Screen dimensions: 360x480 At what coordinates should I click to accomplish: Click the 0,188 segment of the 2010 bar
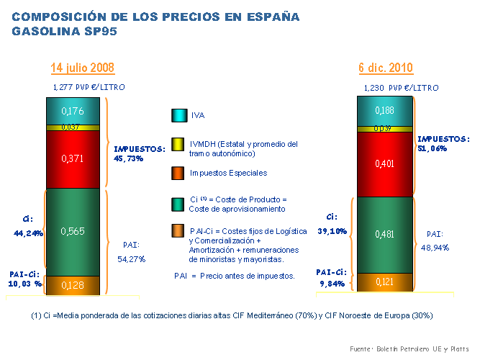pos(385,110)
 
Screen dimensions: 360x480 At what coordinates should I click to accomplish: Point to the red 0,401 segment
pos(385,163)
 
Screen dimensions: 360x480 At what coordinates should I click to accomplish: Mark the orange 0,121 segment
pos(385,282)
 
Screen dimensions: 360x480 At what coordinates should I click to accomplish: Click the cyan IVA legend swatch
pos(178,114)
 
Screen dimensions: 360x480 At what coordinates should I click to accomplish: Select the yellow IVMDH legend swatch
pos(178,145)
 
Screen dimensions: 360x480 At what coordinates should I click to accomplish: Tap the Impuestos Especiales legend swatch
pos(178,173)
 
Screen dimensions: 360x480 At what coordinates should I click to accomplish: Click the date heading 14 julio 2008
pos(82,68)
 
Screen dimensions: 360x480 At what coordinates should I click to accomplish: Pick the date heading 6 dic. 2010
pos(386,68)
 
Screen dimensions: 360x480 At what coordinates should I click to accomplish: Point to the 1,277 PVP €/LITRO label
pos(89,86)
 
